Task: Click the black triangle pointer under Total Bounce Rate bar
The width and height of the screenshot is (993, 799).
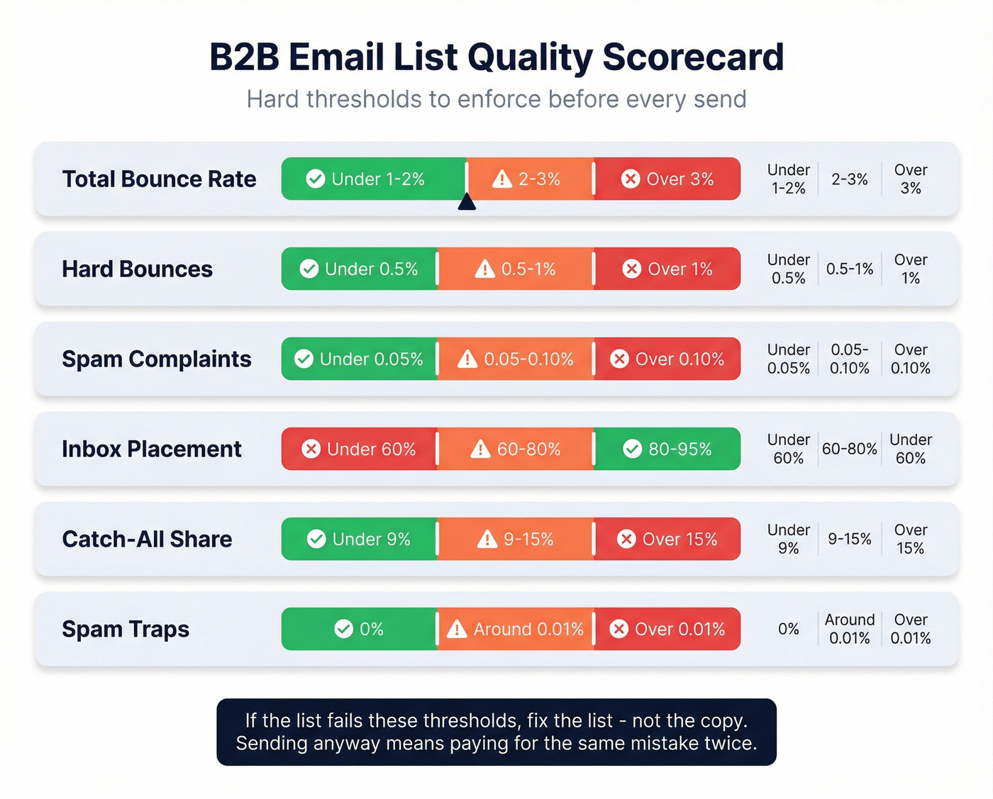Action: point(467,203)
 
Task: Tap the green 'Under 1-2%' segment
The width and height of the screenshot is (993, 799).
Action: point(373,179)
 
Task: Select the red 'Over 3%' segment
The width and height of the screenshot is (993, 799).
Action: point(667,179)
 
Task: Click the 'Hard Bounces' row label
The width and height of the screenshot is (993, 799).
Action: point(137,269)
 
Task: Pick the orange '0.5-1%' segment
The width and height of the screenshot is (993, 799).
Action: point(516,269)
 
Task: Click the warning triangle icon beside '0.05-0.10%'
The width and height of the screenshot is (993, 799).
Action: point(467,359)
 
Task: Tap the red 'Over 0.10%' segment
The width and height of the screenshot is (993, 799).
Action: point(667,359)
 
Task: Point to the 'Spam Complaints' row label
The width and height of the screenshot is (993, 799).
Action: point(156,359)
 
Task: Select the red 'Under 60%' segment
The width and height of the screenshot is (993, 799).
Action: point(359,449)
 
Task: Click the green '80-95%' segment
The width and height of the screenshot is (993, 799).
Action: point(667,449)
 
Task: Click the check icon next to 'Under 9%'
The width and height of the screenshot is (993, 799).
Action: point(316,539)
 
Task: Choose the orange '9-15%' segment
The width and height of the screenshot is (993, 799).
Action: point(516,539)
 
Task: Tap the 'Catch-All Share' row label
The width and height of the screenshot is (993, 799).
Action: point(147,540)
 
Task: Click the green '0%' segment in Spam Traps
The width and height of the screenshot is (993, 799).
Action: point(359,629)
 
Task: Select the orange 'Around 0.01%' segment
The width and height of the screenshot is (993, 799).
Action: point(516,629)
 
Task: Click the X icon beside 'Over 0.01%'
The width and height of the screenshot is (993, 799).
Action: point(619,629)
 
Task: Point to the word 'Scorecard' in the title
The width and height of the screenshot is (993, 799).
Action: point(693,57)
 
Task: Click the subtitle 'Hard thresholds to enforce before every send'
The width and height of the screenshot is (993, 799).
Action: point(496,99)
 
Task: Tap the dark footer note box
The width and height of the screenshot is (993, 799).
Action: point(496,732)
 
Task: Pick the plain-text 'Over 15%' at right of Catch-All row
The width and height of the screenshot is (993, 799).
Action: point(910,539)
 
